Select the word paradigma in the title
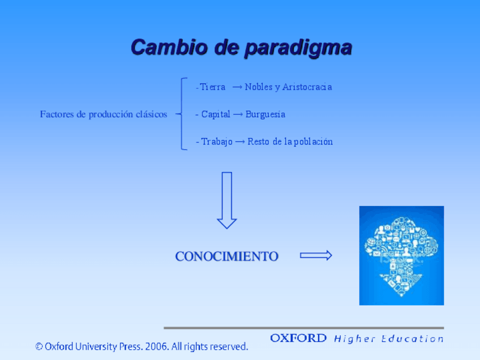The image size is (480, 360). click(x=299, y=48)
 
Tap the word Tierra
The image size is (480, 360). click(x=212, y=87)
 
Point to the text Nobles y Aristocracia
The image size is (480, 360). click(x=288, y=87)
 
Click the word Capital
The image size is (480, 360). click(x=216, y=114)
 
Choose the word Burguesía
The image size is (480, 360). click(x=265, y=114)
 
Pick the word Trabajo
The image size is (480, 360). click(x=217, y=142)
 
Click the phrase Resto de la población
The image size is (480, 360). click(x=290, y=142)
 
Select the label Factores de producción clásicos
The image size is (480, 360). click(x=104, y=114)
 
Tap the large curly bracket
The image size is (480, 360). click(x=182, y=114)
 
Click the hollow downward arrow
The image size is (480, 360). click(x=227, y=200)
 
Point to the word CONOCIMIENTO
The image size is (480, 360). click(x=227, y=256)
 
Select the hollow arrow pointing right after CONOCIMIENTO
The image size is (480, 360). click(x=316, y=255)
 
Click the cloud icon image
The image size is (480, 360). click(x=402, y=256)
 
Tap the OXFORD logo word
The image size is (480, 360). click(x=298, y=338)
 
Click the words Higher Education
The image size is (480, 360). click(x=389, y=339)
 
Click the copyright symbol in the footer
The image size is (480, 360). click(x=39, y=346)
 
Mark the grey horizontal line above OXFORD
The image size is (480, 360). click(x=303, y=328)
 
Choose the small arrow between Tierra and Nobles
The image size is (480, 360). click(x=237, y=87)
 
